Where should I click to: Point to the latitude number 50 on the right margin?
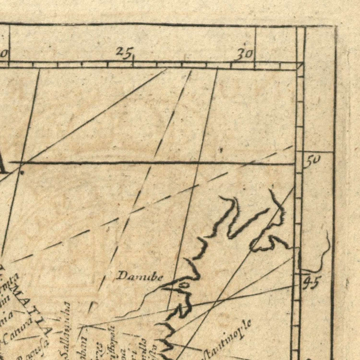pos(313,161)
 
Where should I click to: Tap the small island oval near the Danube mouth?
pos(184,285)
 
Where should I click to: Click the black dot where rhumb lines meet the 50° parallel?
pos(22,172)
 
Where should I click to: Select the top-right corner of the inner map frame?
pos(300,66)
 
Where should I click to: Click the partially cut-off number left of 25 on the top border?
pos(4,53)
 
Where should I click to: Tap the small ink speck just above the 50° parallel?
pos(220,150)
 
